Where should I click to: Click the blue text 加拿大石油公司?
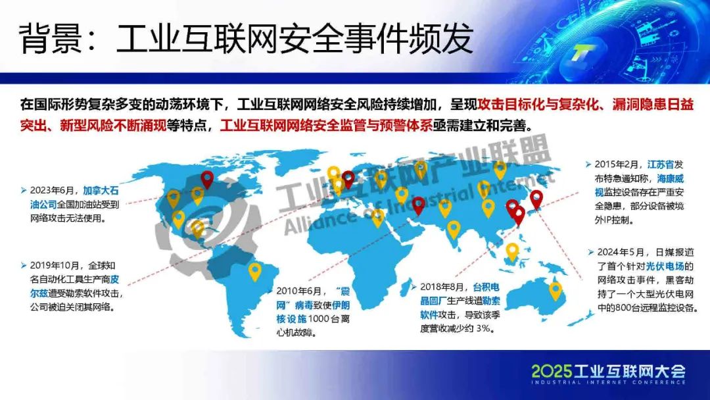tap(75, 197)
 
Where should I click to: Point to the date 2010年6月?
tap(299, 291)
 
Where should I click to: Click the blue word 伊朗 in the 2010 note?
tap(341, 305)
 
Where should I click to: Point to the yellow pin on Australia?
tap(555, 291)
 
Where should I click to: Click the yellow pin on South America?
tap(255, 271)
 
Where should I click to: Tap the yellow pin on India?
tap(453, 230)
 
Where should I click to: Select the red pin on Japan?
tap(536, 199)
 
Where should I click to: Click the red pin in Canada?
tap(207, 180)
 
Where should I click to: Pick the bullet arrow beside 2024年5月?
tap(591, 253)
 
